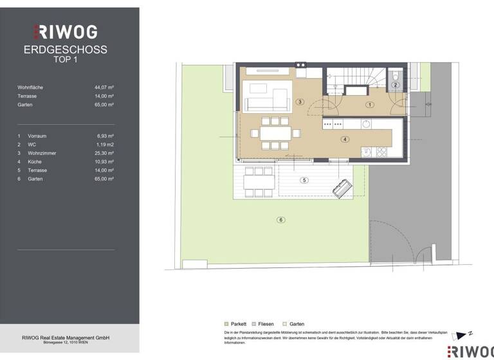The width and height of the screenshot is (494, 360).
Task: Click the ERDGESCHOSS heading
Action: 65,50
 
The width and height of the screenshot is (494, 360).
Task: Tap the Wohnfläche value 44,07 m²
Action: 104,86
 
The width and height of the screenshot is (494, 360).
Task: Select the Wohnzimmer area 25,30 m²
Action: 104,153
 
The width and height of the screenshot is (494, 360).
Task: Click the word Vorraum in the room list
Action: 37,136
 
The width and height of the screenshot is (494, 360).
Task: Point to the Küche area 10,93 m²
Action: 104,161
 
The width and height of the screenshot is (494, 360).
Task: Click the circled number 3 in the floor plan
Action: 300,102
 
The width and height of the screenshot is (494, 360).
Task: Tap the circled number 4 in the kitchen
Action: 345,139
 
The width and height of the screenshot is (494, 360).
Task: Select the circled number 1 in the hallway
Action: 370,104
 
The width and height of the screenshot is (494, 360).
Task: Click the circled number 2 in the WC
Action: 396,85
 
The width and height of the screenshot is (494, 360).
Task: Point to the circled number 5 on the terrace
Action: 305,180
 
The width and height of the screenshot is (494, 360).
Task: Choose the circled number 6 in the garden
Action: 280,220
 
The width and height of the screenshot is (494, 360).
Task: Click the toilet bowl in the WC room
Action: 396,76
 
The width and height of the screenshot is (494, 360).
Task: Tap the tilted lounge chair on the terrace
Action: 341,188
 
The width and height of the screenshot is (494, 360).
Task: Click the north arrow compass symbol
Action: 462,335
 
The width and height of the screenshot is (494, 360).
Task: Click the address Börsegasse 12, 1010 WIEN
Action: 65,343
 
